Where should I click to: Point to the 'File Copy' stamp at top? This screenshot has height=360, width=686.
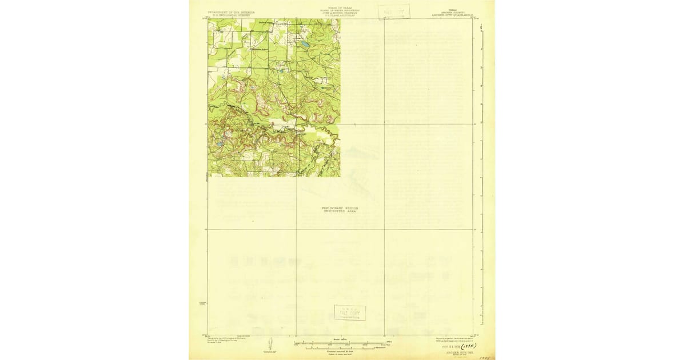click(x=394, y=11)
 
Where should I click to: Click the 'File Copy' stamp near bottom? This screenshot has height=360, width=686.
click(x=350, y=313)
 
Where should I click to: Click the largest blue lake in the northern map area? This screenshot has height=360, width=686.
click(x=305, y=43)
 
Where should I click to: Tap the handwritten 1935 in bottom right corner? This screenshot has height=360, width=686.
click(x=486, y=357)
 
